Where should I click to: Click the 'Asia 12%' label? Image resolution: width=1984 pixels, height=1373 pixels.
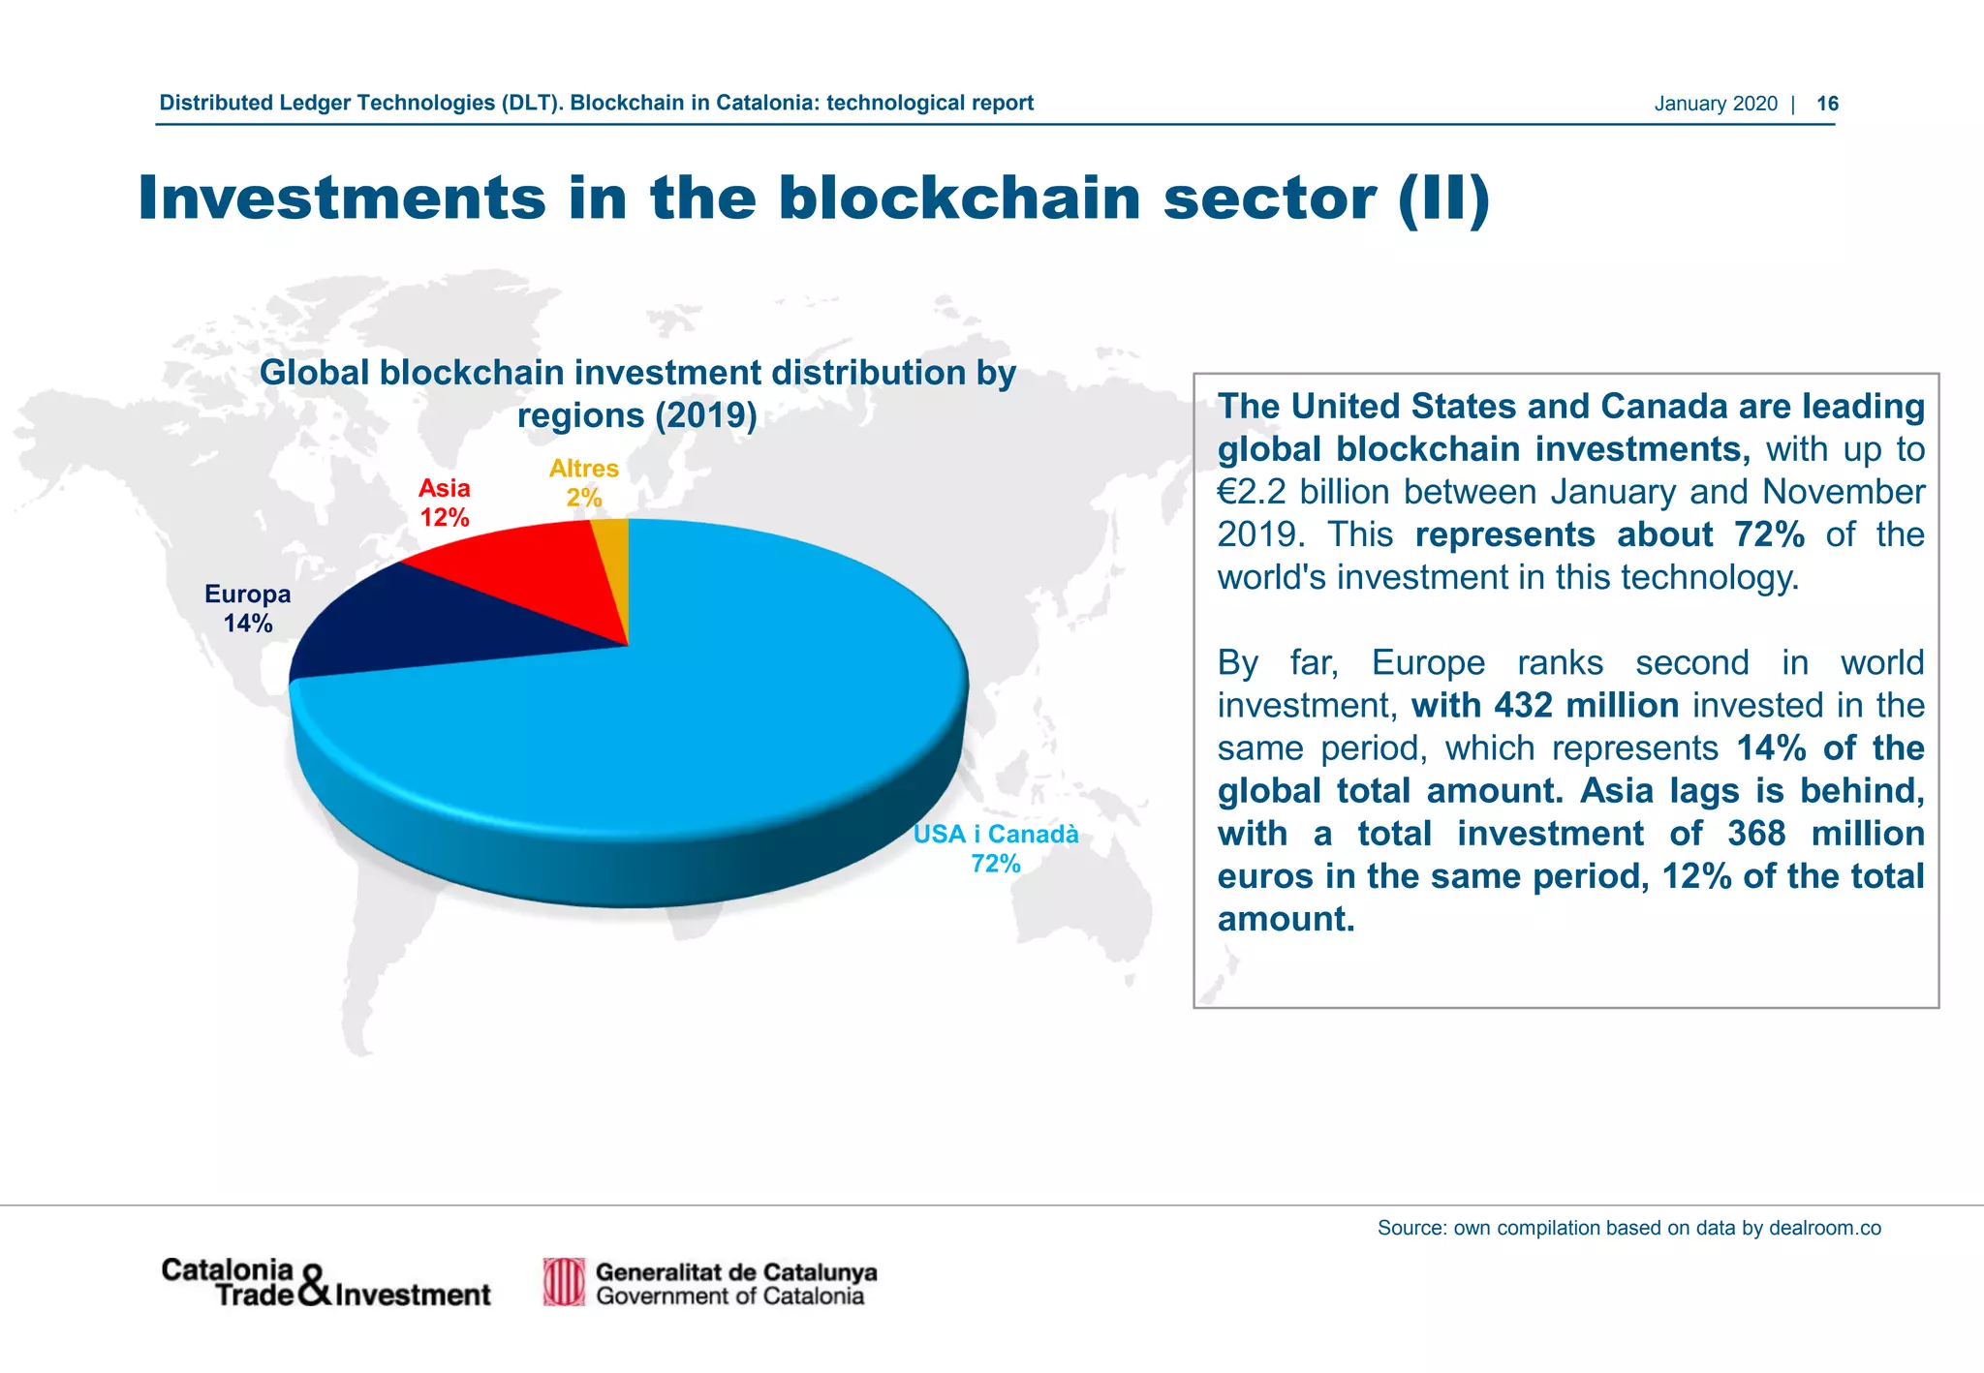coord(445,503)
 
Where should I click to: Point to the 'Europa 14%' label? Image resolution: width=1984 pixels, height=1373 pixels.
coord(248,609)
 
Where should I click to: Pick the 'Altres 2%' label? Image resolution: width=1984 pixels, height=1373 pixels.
coord(583,483)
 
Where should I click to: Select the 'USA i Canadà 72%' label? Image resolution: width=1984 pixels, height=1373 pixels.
coord(996,848)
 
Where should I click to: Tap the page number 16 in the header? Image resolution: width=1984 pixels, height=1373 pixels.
coord(1827,104)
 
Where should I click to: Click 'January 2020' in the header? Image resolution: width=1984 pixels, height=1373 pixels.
coord(1716,104)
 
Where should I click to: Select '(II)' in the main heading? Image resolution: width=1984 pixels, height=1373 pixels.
coord(1443,198)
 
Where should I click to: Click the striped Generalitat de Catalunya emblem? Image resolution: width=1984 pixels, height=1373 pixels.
coord(564,1282)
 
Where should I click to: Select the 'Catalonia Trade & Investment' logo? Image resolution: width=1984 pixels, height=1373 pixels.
coord(325,1283)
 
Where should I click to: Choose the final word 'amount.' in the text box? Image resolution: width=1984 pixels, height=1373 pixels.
coord(1286,919)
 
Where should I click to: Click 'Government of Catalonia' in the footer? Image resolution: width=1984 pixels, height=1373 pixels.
coord(729,1297)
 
